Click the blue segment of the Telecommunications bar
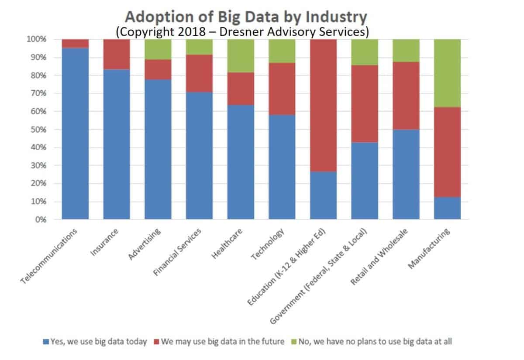click(x=75, y=133)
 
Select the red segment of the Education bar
click(x=323, y=105)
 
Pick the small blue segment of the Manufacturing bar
click(x=447, y=208)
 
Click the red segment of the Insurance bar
click(x=117, y=54)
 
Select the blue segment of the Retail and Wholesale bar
click(x=406, y=174)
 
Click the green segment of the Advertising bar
click(x=158, y=49)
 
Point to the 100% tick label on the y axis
click(x=36, y=39)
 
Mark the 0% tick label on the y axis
click(x=40, y=220)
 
